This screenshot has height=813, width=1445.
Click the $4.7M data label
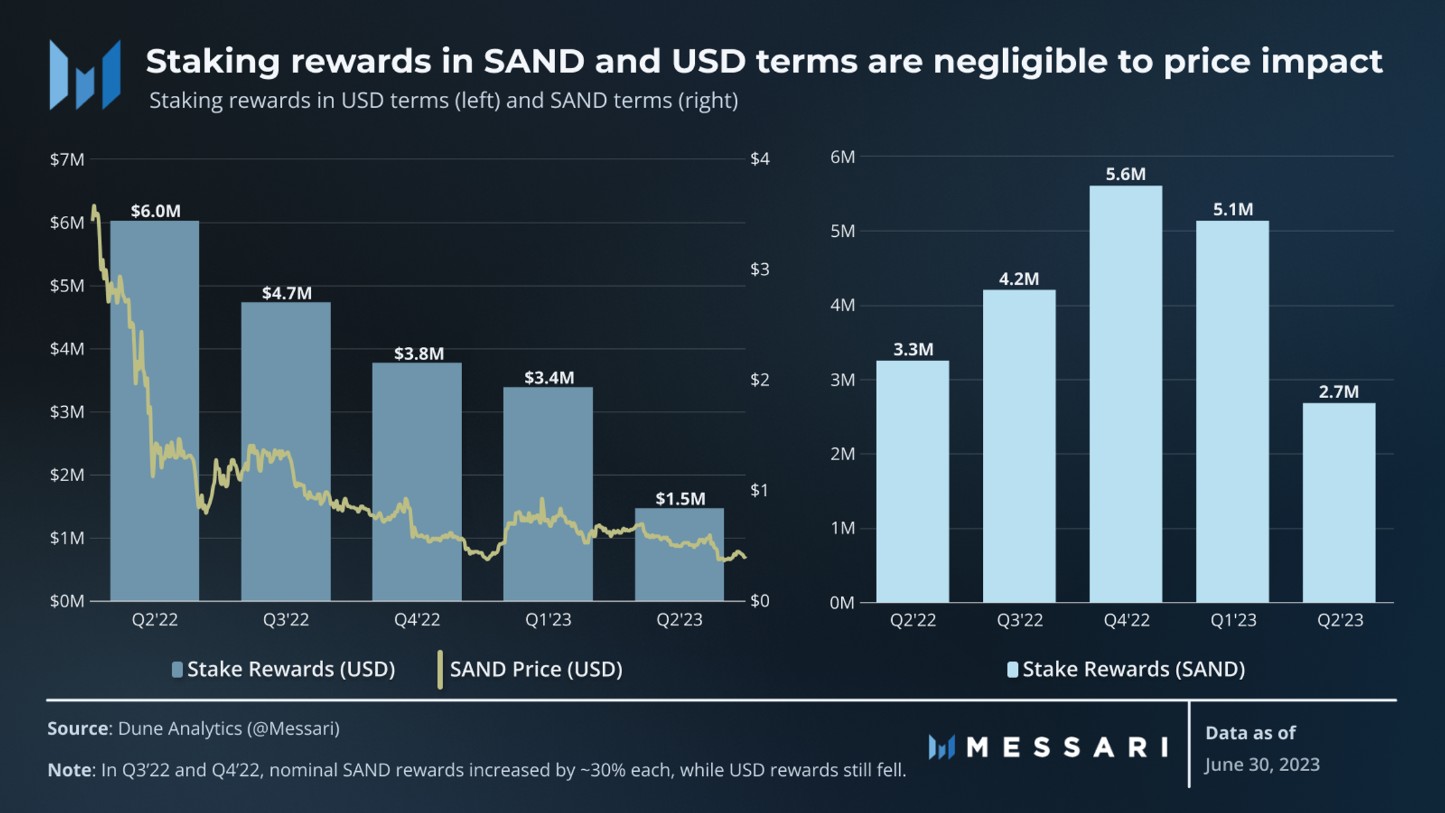[287, 293]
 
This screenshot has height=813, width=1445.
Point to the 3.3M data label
[913, 349]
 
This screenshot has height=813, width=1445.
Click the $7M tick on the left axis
[67, 159]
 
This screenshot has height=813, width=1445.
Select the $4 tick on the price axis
[760, 159]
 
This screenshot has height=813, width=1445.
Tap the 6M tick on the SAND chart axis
[843, 157]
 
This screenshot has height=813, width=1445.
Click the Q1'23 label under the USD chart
[548, 619]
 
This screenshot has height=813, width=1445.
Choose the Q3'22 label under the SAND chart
[1019, 619]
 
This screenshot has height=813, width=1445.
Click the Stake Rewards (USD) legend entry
[283, 669]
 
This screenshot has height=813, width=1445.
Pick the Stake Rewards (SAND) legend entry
[1127, 669]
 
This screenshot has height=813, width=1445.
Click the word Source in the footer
[78, 729]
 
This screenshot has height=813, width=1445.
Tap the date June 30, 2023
[1262, 764]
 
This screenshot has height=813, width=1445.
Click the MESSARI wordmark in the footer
[1066, 747]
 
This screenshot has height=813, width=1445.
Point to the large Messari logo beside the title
[85, 74]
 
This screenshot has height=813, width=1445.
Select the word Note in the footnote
[69, 770]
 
